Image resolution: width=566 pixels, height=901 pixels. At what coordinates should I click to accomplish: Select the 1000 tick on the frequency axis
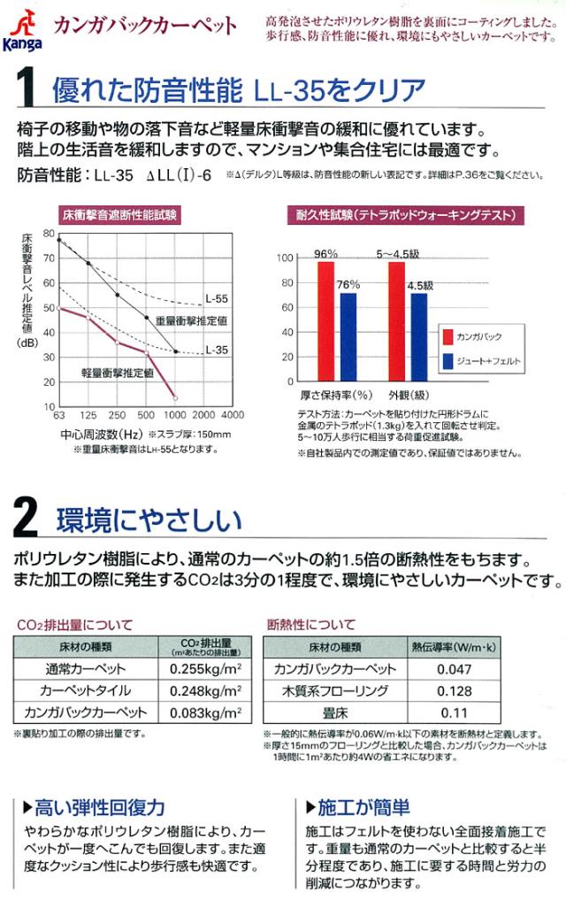[x=174, y=414]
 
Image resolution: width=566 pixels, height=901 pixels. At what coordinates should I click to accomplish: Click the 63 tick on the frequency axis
[x=59, y=414]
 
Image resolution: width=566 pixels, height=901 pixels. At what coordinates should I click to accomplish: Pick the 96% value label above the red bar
[x=325, y=252]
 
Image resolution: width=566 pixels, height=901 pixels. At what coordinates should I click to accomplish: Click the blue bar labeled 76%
[x=348, y=341]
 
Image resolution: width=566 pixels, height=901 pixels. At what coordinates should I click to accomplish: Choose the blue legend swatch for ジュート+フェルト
[x=448, y=360]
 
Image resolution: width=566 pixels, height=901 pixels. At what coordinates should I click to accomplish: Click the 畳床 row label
[x=334, y=712]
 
